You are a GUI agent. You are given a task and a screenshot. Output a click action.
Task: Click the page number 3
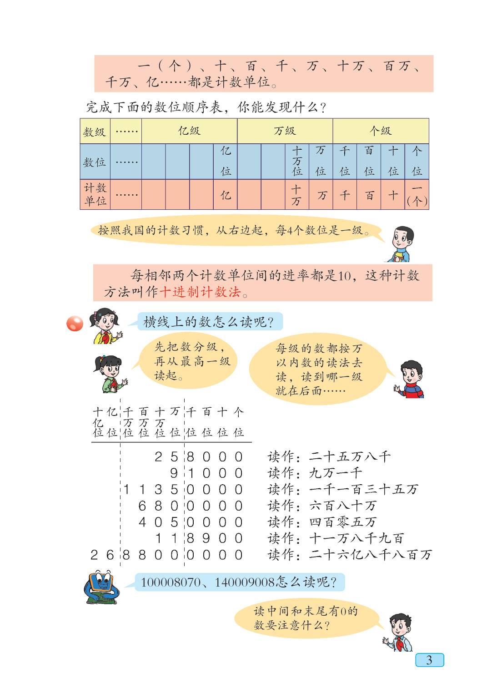pyautogui.click(x=429, y=660)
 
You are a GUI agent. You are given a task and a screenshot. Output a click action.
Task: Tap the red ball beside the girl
pyautogui.click(x=75, y=323)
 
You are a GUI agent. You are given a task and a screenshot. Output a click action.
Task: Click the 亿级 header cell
pyautogui.click(x=189, y=131)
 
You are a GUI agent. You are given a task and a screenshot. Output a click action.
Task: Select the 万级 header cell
pyautogui.click(x=285, y=131)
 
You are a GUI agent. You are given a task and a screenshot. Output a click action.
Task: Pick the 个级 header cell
pyautogui.click(x=381, y=131)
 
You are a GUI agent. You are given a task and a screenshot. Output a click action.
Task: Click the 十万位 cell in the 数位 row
pyautogui.click(x=297, y=162)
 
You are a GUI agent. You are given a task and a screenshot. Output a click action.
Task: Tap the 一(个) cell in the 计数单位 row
pyautogui.click(x=417, y=195)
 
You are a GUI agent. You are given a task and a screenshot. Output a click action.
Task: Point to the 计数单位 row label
pyautogui.click(x=95, y=194)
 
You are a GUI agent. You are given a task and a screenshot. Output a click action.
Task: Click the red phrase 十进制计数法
pyautogui.click(x=200, y=292)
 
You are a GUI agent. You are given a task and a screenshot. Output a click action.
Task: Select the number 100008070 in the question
pyautogui.click(x=171, y=582)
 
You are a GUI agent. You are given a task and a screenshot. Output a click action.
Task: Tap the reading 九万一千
pyautogui.click(x=336, y=473)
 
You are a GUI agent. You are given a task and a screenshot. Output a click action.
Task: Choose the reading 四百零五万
pyautogui.click(x=343, y=522)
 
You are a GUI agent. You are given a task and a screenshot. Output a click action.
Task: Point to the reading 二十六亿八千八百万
pyautogui.click(x=370, y=555)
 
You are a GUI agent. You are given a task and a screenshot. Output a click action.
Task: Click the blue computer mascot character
pyautogui.click(x=101, y=588)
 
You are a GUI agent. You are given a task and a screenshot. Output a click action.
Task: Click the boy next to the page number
pyautogui.click(x=398, y=633)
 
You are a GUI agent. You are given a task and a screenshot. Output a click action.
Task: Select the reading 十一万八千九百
pyautogui.click(x=356, y=538)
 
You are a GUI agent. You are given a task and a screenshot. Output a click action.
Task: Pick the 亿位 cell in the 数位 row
pyautogui.click(x=226, y=162)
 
